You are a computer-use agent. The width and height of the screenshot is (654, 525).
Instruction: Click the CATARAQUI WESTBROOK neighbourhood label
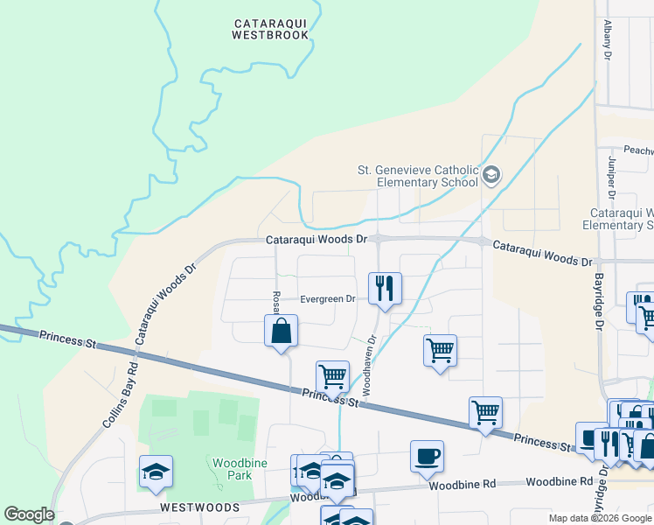pyautogui.click(x=270, y=29)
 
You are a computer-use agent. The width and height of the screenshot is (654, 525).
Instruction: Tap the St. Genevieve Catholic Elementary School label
pyautogui.click(x=417, y=176)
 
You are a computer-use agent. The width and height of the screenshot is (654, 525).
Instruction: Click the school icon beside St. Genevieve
pyautogui.click(x=491, y=175)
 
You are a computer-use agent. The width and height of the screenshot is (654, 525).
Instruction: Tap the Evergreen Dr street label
pyautogui.click(x=327, y=298)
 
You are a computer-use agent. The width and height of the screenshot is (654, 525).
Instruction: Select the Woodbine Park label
pyautogui.click(x=232, y=467)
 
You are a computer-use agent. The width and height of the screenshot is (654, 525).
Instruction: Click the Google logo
pyautogui.click(x=29, y=514)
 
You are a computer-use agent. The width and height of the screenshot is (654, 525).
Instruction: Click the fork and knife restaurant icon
pyautogui.click(x=385, y=287)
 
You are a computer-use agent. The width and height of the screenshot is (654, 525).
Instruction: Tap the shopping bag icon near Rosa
pyautogui.click(x=282, y=331)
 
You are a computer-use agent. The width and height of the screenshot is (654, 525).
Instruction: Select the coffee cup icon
pyautogui.click(x=427, y=456)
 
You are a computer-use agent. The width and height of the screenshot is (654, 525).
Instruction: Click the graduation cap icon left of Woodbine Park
pyautogui.click(x=156, y=471)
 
